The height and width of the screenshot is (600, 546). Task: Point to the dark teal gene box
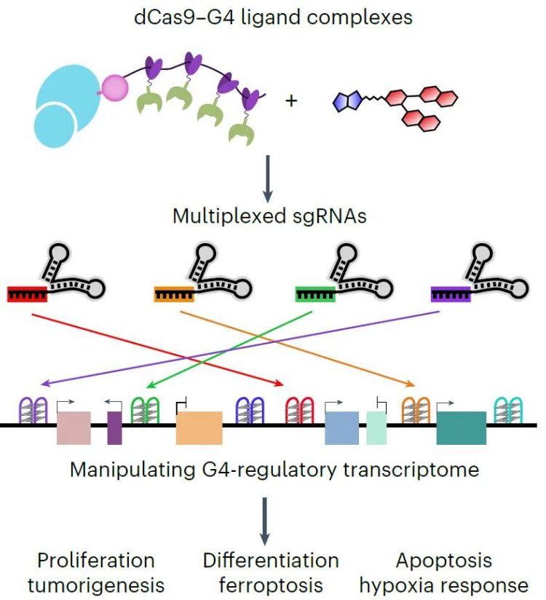pyautogui.click(x=461, y=427)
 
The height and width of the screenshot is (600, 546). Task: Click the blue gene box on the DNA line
pyautogui.click(x=341, y=427)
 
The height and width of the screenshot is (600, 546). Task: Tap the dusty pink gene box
pyautogui.click(x=74, y=427)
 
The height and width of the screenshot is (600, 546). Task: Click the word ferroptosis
pyautogui.click(x=270, y=584)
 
